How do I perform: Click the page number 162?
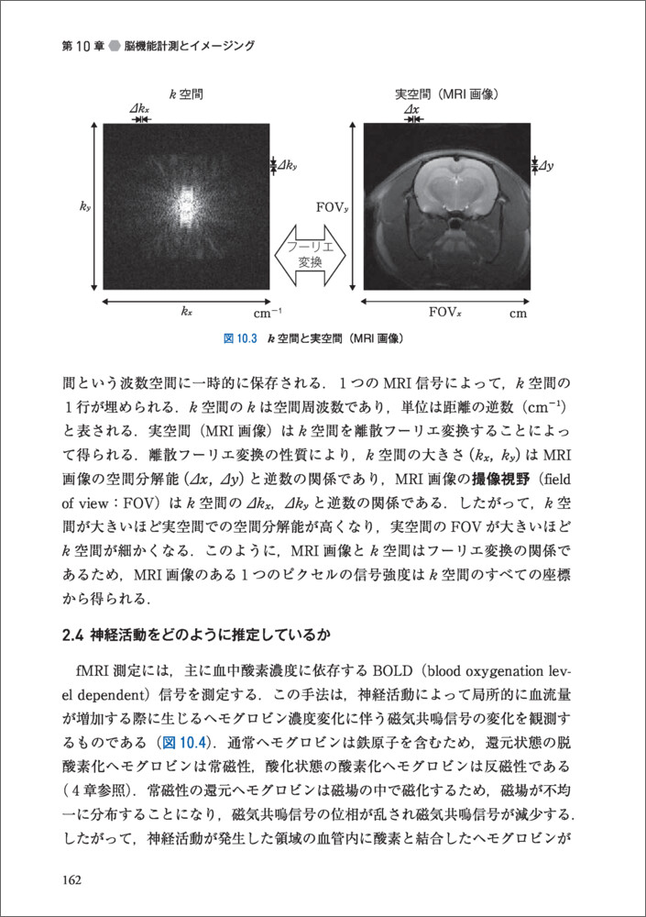(72, 880)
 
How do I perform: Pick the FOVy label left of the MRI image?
(332, 206)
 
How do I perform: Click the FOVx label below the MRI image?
(447, 312)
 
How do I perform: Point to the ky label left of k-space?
(85, 207)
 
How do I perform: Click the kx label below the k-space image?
(186, 312)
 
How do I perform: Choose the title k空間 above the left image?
(186, 93)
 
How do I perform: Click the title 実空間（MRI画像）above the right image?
(446, 93)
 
